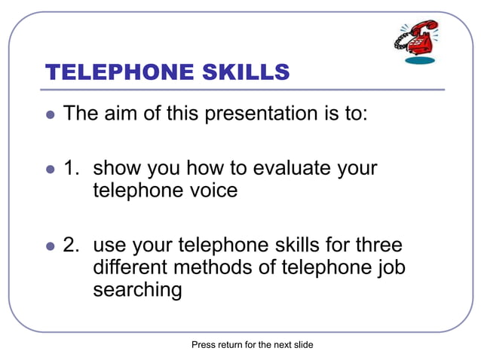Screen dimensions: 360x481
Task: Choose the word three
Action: [x=375, y=246]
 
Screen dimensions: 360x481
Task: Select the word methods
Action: [x=224, y=267]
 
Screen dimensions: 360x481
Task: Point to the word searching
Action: [x=137, y=290]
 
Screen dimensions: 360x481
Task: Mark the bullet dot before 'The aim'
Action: [x=51, y=115]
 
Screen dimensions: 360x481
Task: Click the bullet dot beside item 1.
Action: [x=51, y=169]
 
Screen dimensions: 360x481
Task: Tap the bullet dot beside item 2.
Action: [x=51, y=246]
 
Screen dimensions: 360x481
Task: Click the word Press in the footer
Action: [x=204, y=345]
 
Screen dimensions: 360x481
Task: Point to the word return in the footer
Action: [x=231, y=345]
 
